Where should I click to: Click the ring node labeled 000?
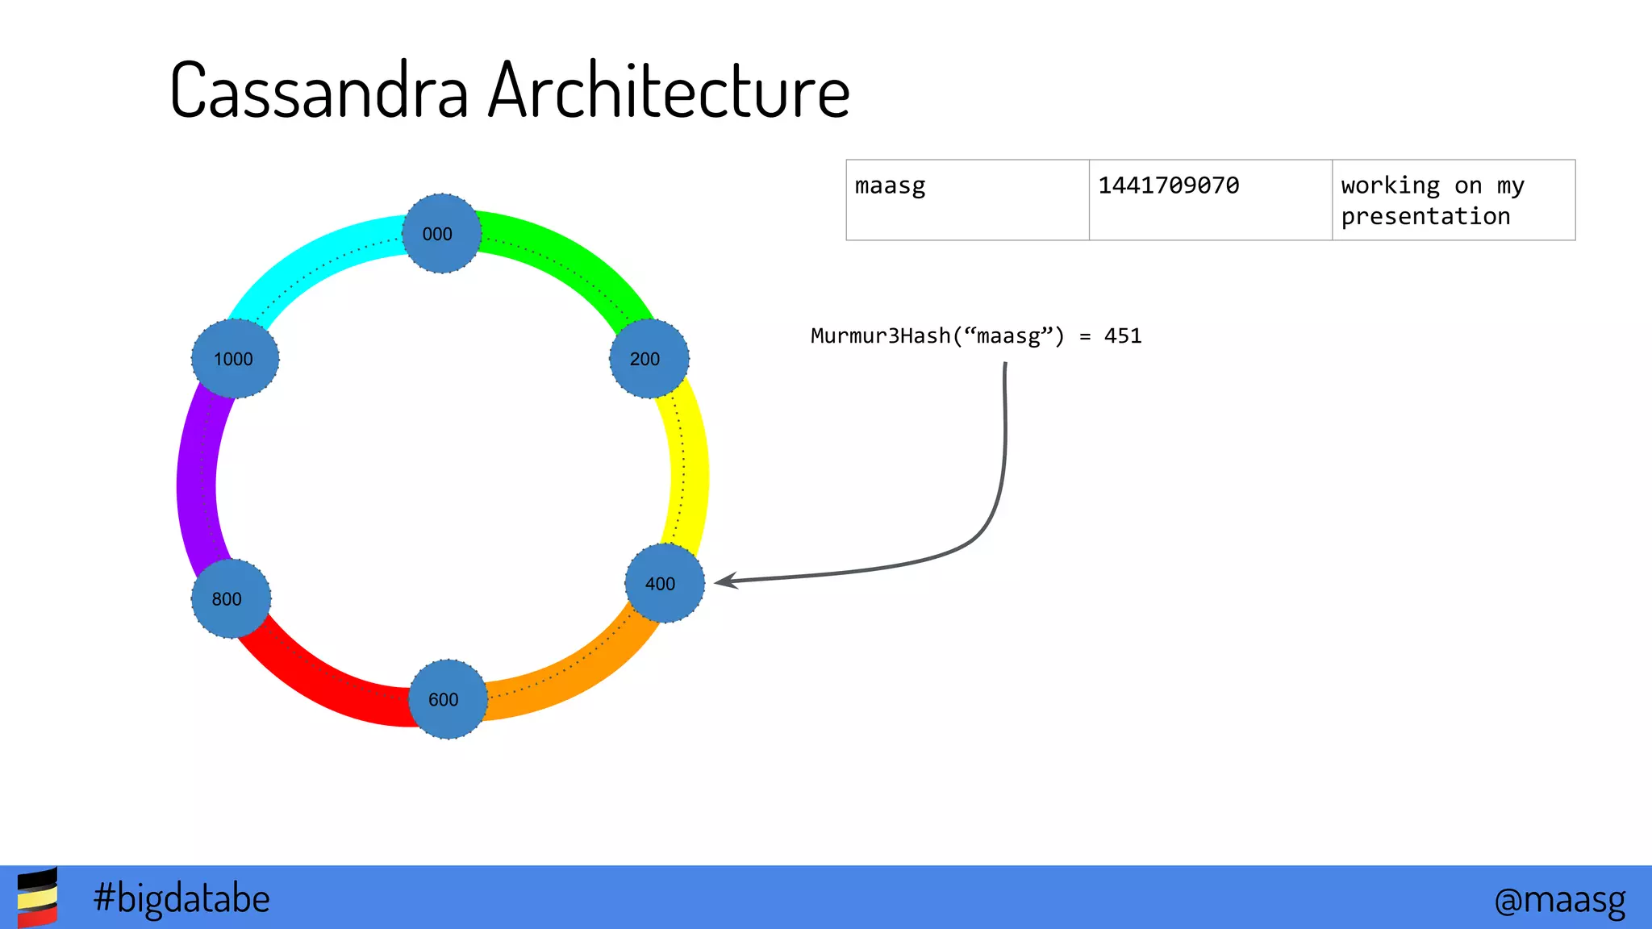[441, 233]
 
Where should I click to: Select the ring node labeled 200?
[649, 358]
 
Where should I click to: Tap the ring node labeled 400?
[665, 583]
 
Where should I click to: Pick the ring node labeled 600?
[448, 699]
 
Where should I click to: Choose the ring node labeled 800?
[231, 598]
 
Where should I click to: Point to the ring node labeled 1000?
[235, 358]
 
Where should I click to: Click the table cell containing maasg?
[967, 200]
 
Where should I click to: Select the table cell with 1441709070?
[1210, 200]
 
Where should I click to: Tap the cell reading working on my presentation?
[1453, 200]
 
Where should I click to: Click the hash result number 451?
[1123, 336]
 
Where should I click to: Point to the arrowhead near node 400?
[725, 581]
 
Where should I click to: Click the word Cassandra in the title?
[319, 90]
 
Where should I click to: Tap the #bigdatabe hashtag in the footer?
[181, 898]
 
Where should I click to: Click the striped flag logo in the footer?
[37, 898]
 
